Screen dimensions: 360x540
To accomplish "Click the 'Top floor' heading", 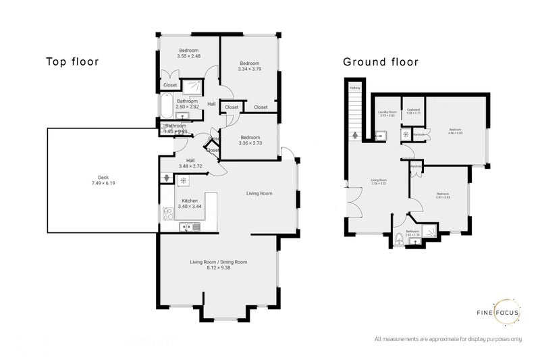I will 72,62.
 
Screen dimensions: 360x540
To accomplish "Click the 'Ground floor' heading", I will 381,62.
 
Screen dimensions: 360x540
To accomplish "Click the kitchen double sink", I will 188,227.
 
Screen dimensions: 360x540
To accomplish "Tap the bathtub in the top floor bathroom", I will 165,105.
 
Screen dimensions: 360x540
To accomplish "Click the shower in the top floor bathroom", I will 194,86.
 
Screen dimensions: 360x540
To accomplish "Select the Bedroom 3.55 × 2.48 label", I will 188,53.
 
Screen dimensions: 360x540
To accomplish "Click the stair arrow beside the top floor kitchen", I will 166,178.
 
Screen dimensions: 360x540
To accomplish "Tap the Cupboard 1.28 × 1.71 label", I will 414,111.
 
